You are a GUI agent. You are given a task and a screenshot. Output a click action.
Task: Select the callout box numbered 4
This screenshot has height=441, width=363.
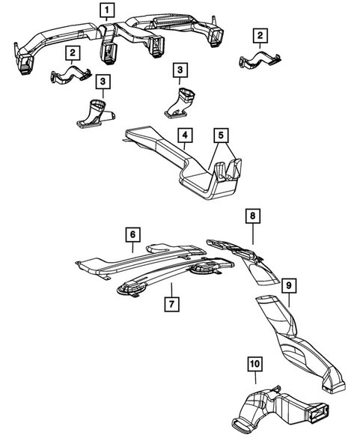(183, 136)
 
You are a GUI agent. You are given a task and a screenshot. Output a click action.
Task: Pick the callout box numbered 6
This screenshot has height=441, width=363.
(132, 235)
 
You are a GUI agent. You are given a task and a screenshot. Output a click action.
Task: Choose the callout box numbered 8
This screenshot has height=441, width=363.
(252, 217)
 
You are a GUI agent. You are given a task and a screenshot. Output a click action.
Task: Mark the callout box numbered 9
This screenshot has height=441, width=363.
(287, 285)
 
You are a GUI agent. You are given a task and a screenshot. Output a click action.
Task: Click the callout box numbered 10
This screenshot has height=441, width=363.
(254, 365)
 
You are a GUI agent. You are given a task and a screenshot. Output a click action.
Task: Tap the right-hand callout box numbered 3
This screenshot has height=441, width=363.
(179, 70)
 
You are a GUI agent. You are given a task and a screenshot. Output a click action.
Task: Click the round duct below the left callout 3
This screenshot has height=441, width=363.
(95, 112)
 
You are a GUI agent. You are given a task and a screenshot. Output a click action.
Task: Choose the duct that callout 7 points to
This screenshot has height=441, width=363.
(165, 279)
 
